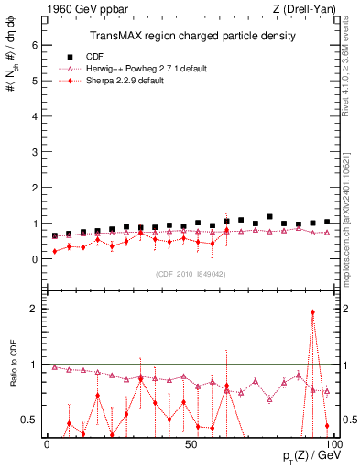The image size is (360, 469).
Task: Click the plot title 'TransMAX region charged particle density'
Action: click(x=191, y=36)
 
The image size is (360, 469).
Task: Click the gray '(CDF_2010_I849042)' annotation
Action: click(x=190, y=273)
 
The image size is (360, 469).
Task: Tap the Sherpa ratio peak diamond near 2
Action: click(x=313, y=312)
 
